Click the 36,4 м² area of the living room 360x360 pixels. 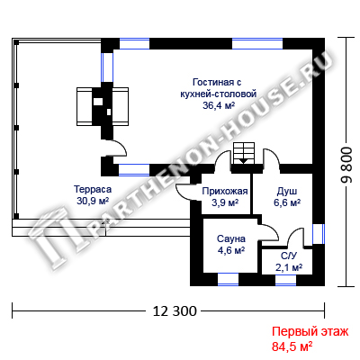(x=219, y=105)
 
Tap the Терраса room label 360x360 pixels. (x=93, y=189)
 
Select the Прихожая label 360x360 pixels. (x=225, y=191)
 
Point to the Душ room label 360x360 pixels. (x=287, y=192)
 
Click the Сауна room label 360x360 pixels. (x=231, y=238)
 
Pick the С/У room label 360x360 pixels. (x=289, y=256)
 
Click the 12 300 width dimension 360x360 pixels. (x=175, y=311)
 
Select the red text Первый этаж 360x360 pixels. (x=310, y=332)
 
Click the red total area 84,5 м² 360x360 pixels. (x=292, y=346)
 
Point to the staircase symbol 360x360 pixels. (x=244, y=153)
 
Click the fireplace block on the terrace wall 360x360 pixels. (x=103, y=106)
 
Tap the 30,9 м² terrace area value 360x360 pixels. (x=93, y=201)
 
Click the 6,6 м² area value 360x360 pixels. (x=287, y=202)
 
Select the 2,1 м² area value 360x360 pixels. (x=289, y=267)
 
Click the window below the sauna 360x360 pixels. (x=228, y=279)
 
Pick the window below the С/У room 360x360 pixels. (x=285, y=280)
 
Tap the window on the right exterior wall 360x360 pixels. (x=319, y=234)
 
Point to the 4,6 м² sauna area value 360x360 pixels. (x=231, y=250)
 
